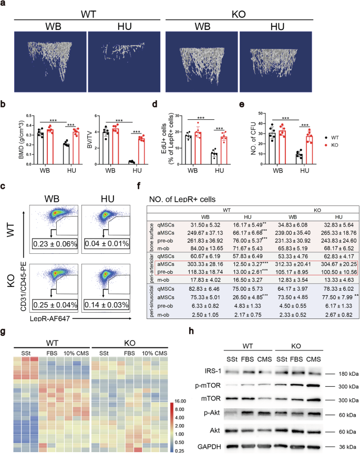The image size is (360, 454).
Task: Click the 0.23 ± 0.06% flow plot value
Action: coord(56,228)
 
